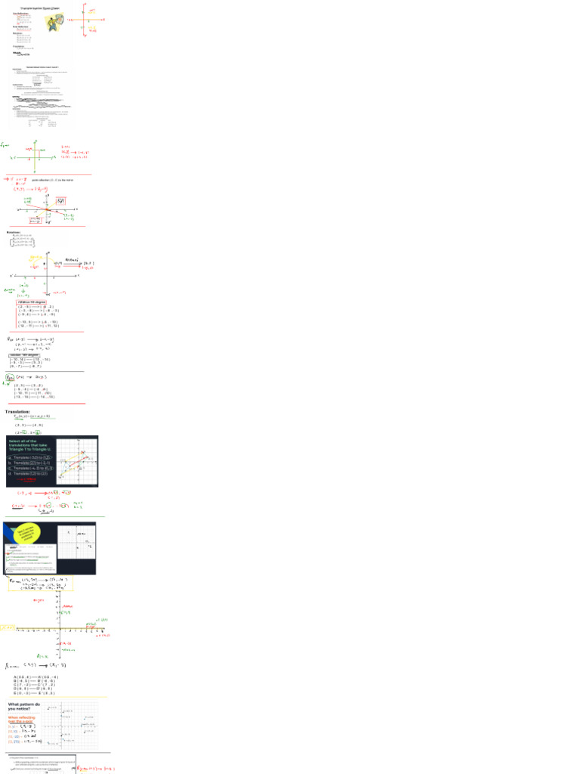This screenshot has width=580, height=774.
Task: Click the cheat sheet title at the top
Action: [41, 9]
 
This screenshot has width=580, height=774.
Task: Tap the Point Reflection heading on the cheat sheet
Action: [20, 26]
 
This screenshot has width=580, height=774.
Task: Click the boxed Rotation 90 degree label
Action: [32, 301]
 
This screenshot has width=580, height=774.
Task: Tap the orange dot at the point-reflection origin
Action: [48, 209]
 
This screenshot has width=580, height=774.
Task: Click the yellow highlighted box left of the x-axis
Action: [7, 627]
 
